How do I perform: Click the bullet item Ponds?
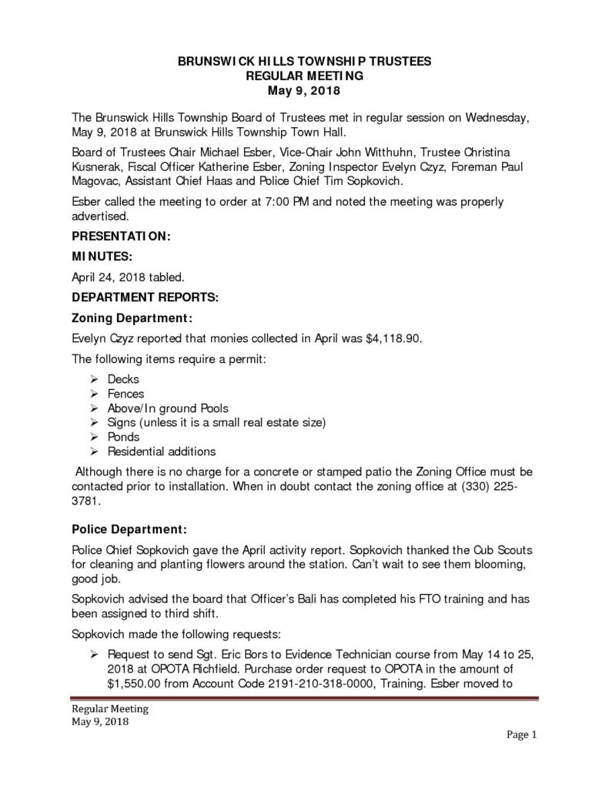(124, 437)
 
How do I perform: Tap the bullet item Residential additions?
(162, 452)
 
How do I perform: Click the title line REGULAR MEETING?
(303, 76)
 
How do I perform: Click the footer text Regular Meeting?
(110, 709)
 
